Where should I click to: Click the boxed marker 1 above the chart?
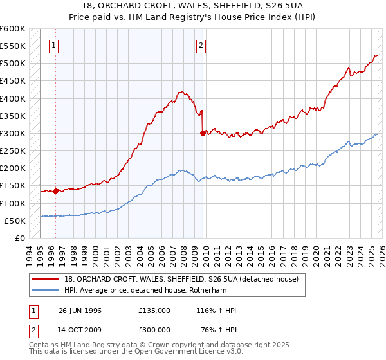[53, 45]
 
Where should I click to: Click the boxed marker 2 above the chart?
[201, 45]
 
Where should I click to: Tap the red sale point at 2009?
[203, 134]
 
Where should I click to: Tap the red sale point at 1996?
[56, 191]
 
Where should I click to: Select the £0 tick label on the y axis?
[19, 239]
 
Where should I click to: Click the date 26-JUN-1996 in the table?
[80, 310]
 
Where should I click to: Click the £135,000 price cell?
[154, 310]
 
